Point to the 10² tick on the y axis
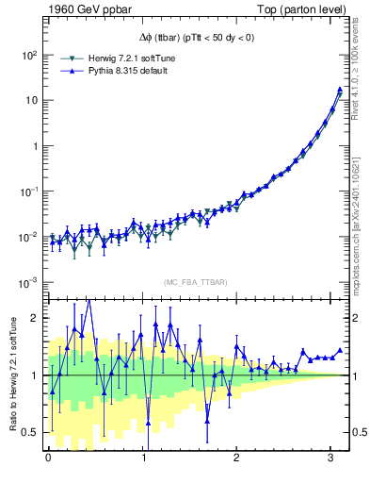pyautogui.click(x=27, y=55)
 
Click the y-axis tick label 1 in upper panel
pyautogui.click(x=35, y=146)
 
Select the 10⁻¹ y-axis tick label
pyautogui.click(x=27, y=192)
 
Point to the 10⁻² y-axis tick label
pyautogui.click(x=27, y=237)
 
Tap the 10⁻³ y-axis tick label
pyautogui.click(x=27, y=282)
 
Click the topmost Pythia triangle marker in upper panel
pyautogui.click(x=340, y=90)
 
